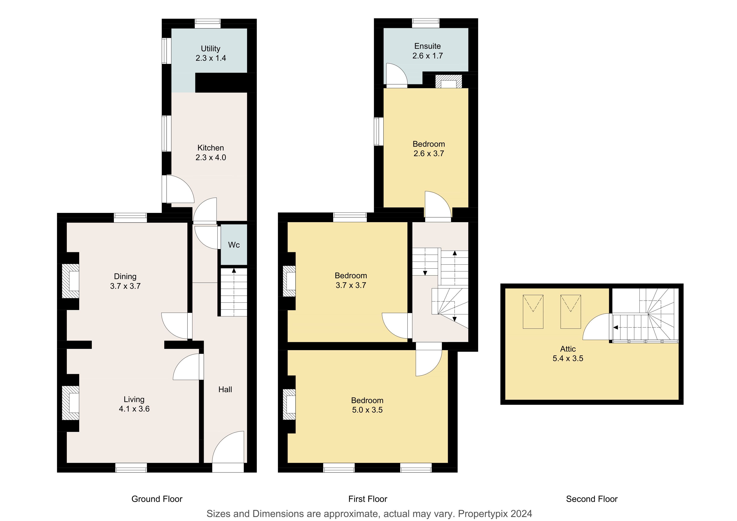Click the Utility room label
tap(211, 49)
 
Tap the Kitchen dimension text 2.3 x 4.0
tap(211, 158)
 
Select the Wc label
tap(234, 245)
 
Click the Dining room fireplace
tap(70, 281)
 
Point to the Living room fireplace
tap(70, 403)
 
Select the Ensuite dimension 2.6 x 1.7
tap(428, 56)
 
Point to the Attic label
tap(568, 349)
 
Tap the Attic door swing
tap(596, 326)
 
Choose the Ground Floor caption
tap(157, 499)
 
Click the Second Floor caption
tap(592, 499)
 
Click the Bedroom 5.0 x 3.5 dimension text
tap(367, 410)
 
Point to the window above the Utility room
tap(208, 24)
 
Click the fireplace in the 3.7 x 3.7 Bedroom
tap(289, 281)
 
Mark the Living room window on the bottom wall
tap(131, 468)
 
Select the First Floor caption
tap(368, 499)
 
